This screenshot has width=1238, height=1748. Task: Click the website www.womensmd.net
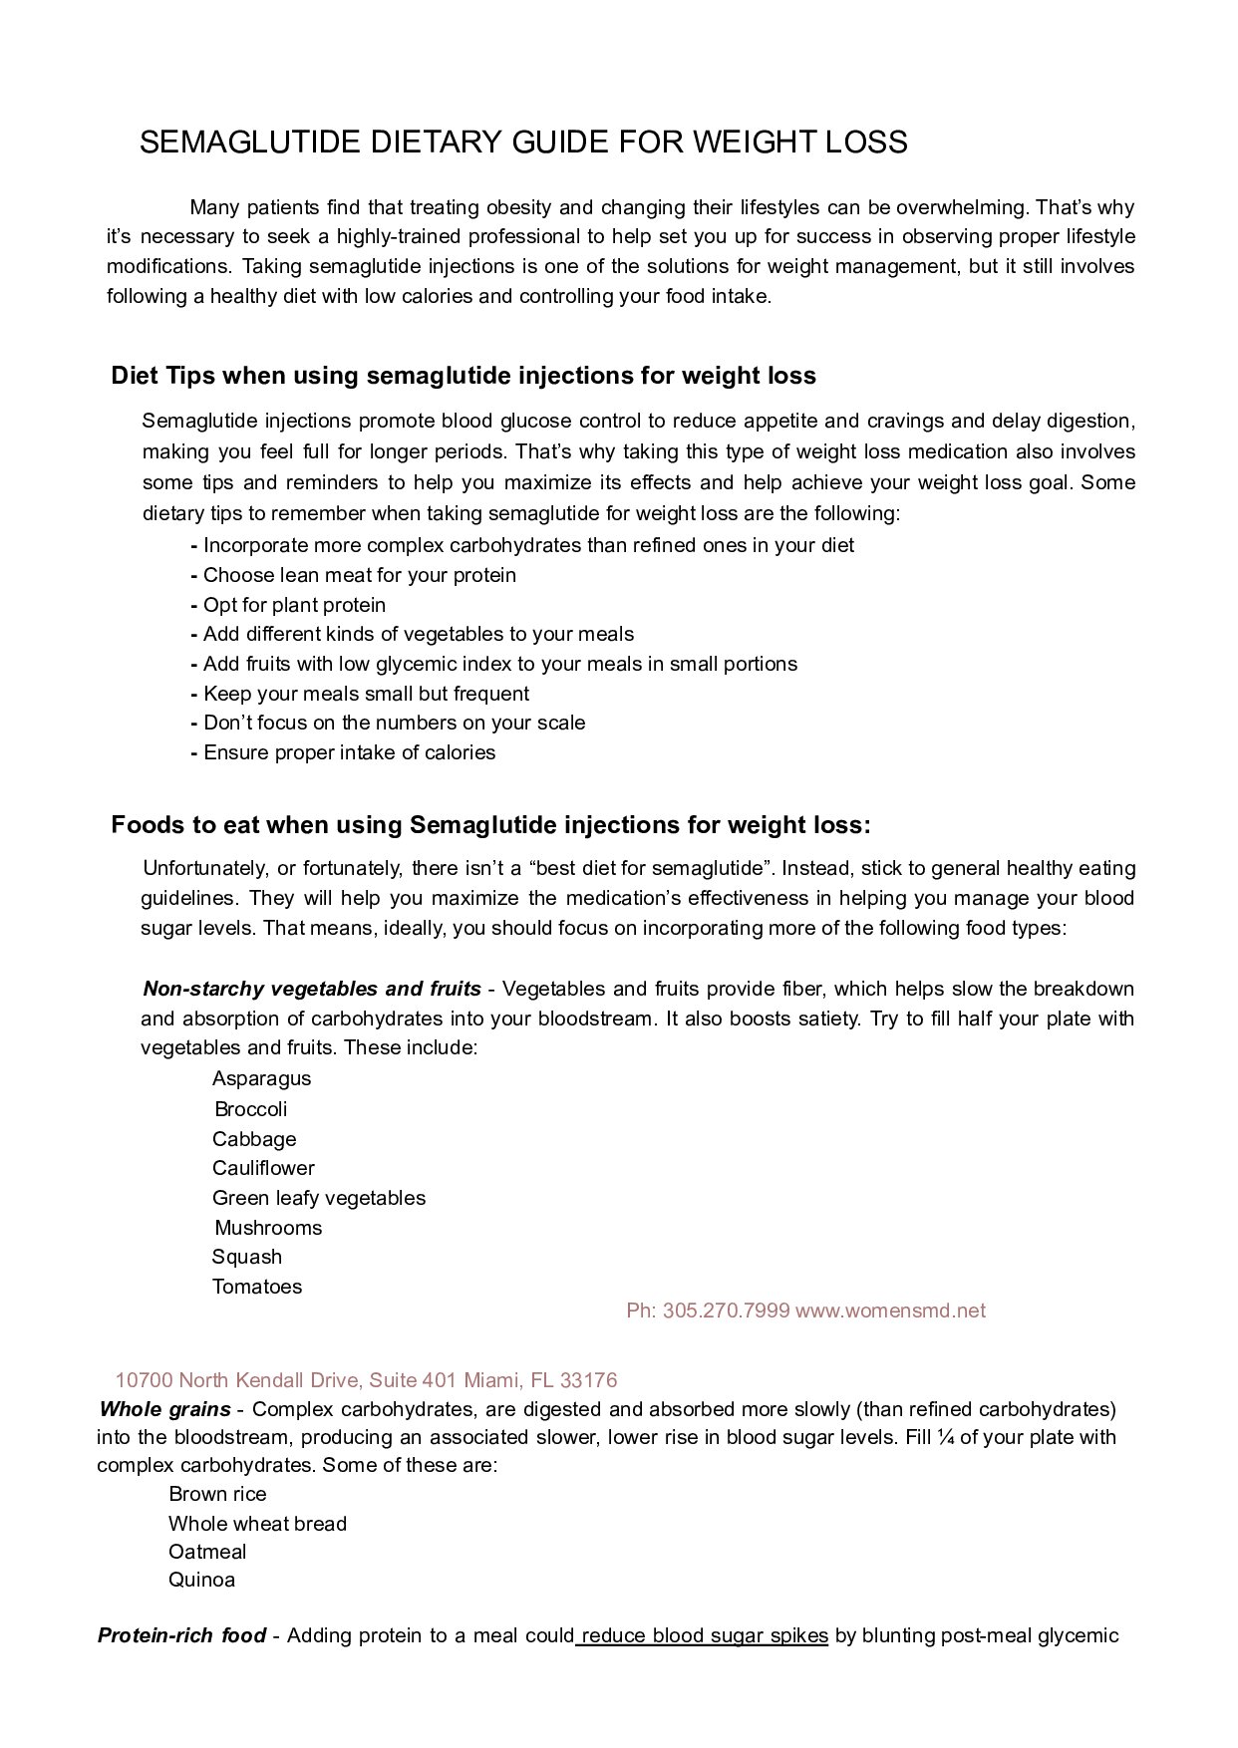click(x=890, y=1311)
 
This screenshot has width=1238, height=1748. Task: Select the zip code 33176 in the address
click(x=588, y=1380)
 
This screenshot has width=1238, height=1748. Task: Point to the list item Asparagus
click(x=261, y=1078)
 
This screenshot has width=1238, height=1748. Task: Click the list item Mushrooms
click(x=268, y=1228)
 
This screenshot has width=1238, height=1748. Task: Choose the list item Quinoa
click(x=201, y=1580)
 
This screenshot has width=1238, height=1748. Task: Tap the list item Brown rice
click(x=217, y=1494)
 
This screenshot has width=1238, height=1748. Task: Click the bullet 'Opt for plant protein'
click(x=294, y=605)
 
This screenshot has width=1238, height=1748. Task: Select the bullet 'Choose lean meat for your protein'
click(x=359, y=575)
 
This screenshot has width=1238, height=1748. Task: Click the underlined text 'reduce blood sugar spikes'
click(x=704, y=1635)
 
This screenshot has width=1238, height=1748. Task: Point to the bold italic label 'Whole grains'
click(x=164, y=1409)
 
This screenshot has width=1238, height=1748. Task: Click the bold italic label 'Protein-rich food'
click(x=181, y=1635)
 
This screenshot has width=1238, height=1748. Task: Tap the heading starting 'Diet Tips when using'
click(x=464, y=376)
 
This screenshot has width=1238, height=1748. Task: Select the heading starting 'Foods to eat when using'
click(x=490, y=825)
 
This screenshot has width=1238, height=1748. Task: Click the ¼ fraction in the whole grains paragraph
click(x=944, y=1437)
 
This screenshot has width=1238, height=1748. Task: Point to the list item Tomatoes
click(x=256, y=1287)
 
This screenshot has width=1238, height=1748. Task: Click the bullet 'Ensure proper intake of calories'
click(x=349, y=752)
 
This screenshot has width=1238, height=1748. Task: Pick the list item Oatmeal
click(x=207, y=1552)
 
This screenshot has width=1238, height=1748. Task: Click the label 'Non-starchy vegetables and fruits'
click(x=312, y=989)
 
